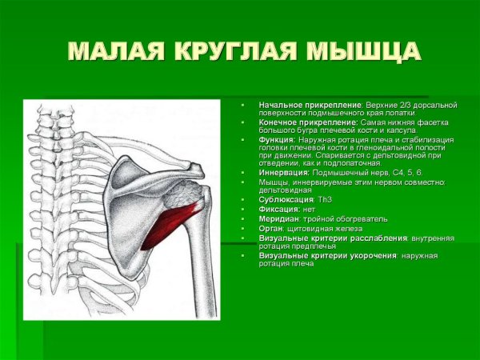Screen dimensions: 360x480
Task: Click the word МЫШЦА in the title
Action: coord(365,51)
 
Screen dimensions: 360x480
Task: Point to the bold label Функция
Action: coord(277,140)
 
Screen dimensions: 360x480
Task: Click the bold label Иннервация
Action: coord(283,173)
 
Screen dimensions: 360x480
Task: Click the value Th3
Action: coord(325,199)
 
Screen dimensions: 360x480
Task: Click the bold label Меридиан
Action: coord(279,218)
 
